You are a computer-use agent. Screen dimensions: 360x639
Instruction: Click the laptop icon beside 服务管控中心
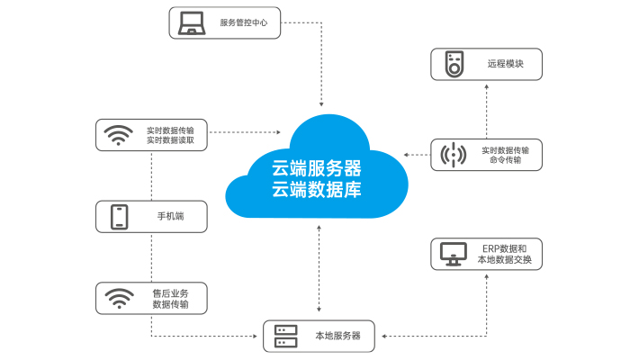191,22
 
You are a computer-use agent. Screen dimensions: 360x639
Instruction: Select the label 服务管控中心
244,22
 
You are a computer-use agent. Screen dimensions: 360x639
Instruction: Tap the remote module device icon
455,65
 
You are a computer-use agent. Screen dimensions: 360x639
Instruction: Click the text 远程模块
506,65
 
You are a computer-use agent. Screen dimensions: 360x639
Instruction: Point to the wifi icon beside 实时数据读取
118,135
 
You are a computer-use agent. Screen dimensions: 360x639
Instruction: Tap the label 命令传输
505,160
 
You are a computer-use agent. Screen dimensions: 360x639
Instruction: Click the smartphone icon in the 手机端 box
119,217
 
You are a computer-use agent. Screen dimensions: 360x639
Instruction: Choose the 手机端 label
170,217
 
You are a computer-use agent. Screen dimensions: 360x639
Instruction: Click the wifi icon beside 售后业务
119,298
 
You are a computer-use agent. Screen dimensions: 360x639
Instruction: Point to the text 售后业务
170,292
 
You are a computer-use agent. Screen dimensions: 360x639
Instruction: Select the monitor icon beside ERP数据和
453,254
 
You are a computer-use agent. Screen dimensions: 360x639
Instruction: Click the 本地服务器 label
337,336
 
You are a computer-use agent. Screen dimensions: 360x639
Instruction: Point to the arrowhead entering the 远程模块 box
487,86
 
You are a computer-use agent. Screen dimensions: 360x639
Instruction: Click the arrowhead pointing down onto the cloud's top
321,107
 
